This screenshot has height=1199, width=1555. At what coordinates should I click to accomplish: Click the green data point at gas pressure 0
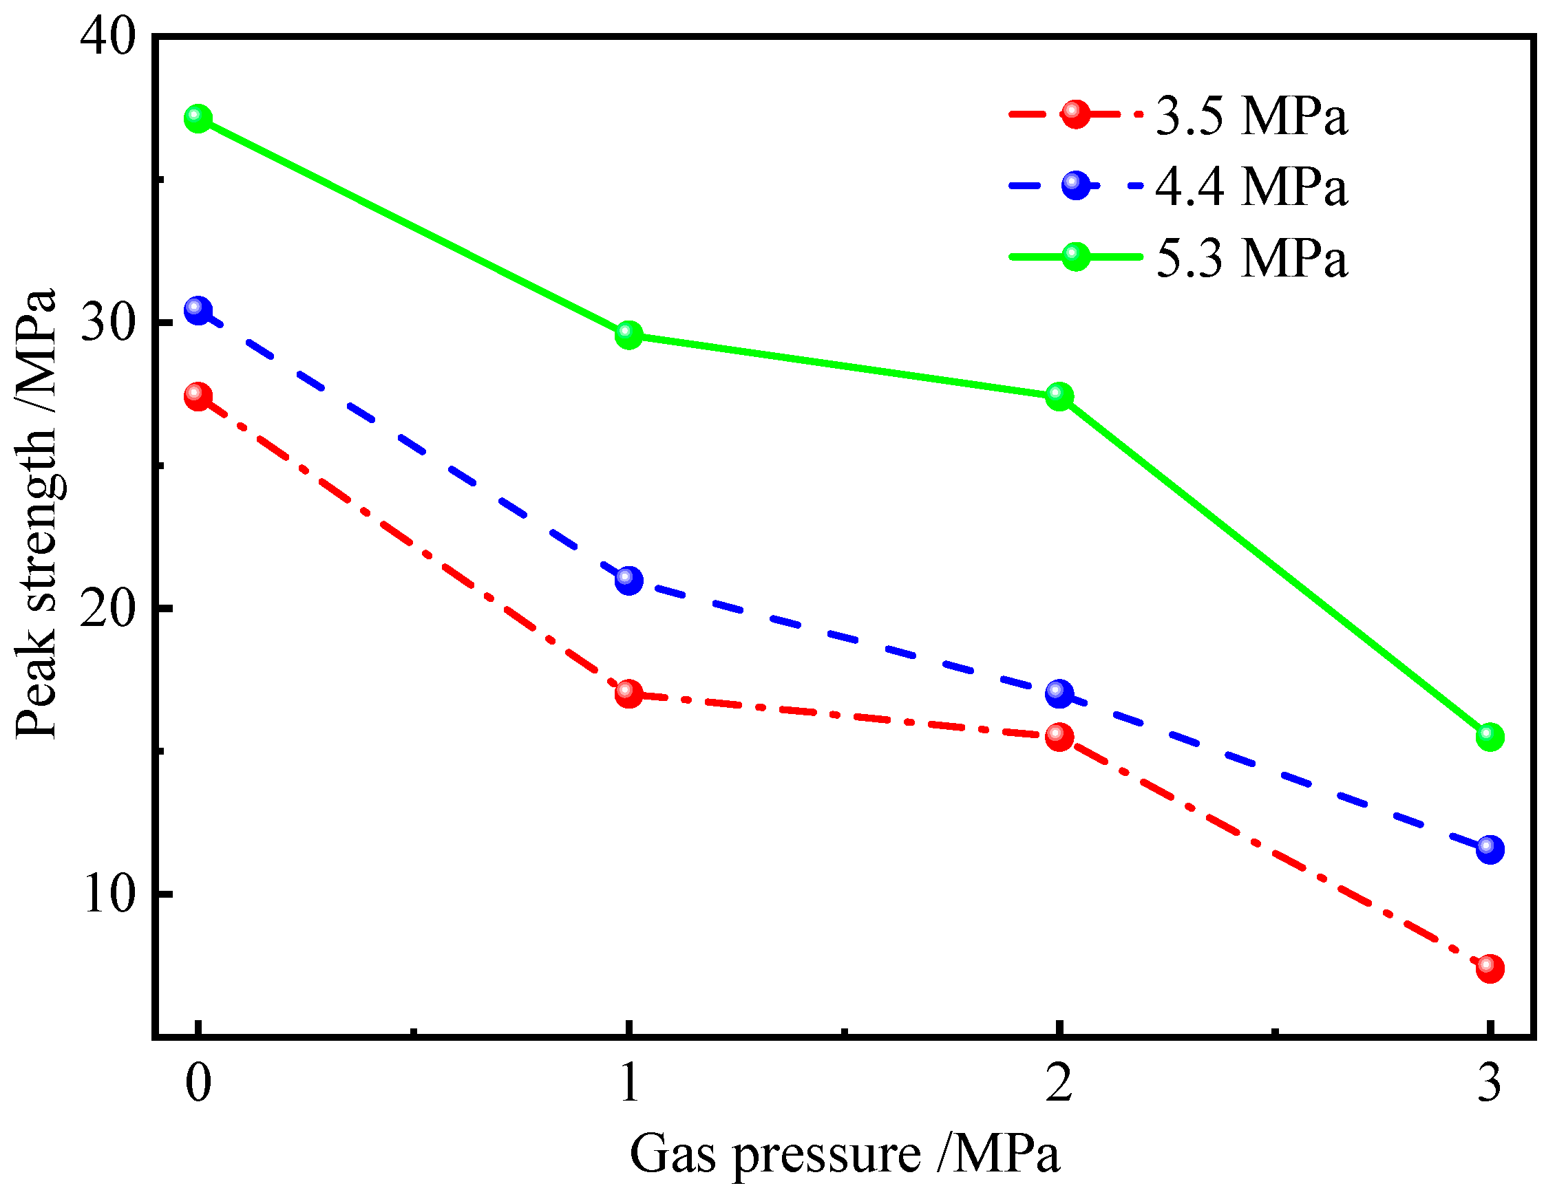click(198, 118)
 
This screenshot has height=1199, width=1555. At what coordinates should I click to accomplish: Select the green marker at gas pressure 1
click(628, 334)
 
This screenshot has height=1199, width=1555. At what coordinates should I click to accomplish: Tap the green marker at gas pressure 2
click(1059, 396)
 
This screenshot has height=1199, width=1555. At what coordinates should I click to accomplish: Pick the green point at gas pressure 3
click(1490, 737)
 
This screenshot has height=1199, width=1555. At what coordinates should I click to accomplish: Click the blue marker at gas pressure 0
click(198, 310)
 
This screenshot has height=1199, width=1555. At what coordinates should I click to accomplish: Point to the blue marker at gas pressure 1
click(628, 581)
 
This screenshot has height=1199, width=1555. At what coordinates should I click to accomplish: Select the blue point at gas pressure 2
click(1059, 693)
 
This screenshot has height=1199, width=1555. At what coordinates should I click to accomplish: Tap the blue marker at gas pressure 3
click(1490, 849)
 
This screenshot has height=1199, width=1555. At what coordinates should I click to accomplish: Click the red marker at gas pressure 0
click(198, 396)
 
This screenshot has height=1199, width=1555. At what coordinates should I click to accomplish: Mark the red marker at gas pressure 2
click(1059, 737)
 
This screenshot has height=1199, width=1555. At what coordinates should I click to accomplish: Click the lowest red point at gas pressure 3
click(1490, 969)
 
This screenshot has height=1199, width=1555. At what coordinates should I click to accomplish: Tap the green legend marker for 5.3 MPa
click(1076, 256)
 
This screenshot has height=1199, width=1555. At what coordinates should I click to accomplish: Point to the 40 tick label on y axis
click(107, 37)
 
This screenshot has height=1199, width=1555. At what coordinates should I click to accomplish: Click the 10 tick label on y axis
click(109, 894)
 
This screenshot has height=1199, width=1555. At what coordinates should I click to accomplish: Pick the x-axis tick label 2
click(1059, 1083)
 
